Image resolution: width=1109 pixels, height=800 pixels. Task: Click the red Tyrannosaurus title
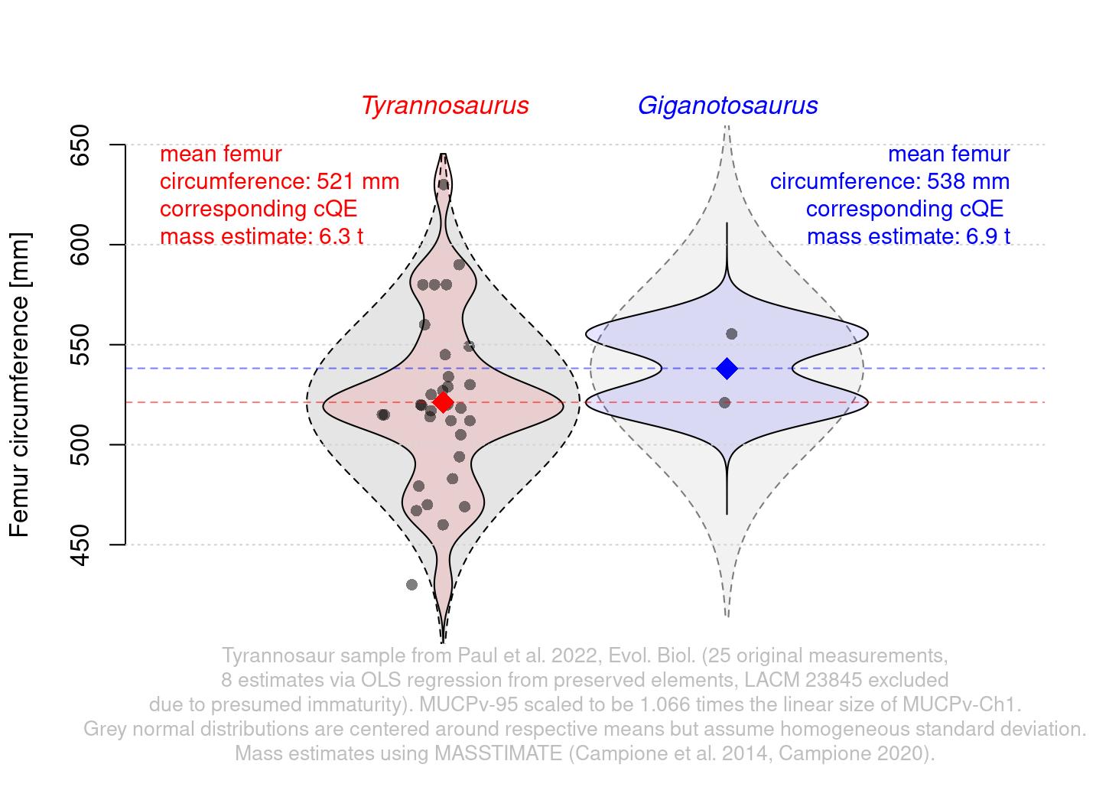pyautogui.click(x=445, y=106)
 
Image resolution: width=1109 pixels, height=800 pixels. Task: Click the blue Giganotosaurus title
pyautogui.click(x=727, y=106)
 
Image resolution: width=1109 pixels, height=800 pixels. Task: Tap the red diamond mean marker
pyautogui.click(x=443, y=402)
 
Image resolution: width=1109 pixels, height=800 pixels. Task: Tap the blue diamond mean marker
pyautogui.click(x=727, y=369)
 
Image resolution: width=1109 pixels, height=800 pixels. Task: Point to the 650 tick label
pyautogui.click(x=80, y=145)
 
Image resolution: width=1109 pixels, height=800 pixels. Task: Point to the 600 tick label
pyautogui.click(x=80, y=245)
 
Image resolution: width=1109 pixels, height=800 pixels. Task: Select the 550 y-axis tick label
pyautogui.click(x=80, y=345)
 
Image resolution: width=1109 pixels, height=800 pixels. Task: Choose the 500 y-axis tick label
pyautogui.click(x=80, y=445)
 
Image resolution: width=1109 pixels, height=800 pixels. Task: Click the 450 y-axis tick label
pyautogui.click(x=80, y=545)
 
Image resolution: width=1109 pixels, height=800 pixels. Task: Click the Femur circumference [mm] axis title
pyautogui.click(x=21, y=385)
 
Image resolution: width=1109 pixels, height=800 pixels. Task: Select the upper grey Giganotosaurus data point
pyautogui.click(x=731, y=334)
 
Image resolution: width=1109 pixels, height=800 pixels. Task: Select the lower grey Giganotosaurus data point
pyautogui.click(x=724, y=403)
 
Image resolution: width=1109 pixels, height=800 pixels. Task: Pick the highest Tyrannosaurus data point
pyautogui.click(x=443, y=184)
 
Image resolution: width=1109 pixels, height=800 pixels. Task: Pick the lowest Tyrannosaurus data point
pyautogui.click(x=411, y=584)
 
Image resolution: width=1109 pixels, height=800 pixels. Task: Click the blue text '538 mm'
pyautogui.click(x=968, y=182)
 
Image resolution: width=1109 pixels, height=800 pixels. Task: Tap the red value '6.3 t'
pyautogui.click(x=340, y=236)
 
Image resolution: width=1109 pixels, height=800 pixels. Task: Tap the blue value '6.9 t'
pyautogui.click(x=987, y=236)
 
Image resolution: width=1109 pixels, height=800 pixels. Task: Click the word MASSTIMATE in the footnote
pyautogui.click(x=498, y=753)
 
